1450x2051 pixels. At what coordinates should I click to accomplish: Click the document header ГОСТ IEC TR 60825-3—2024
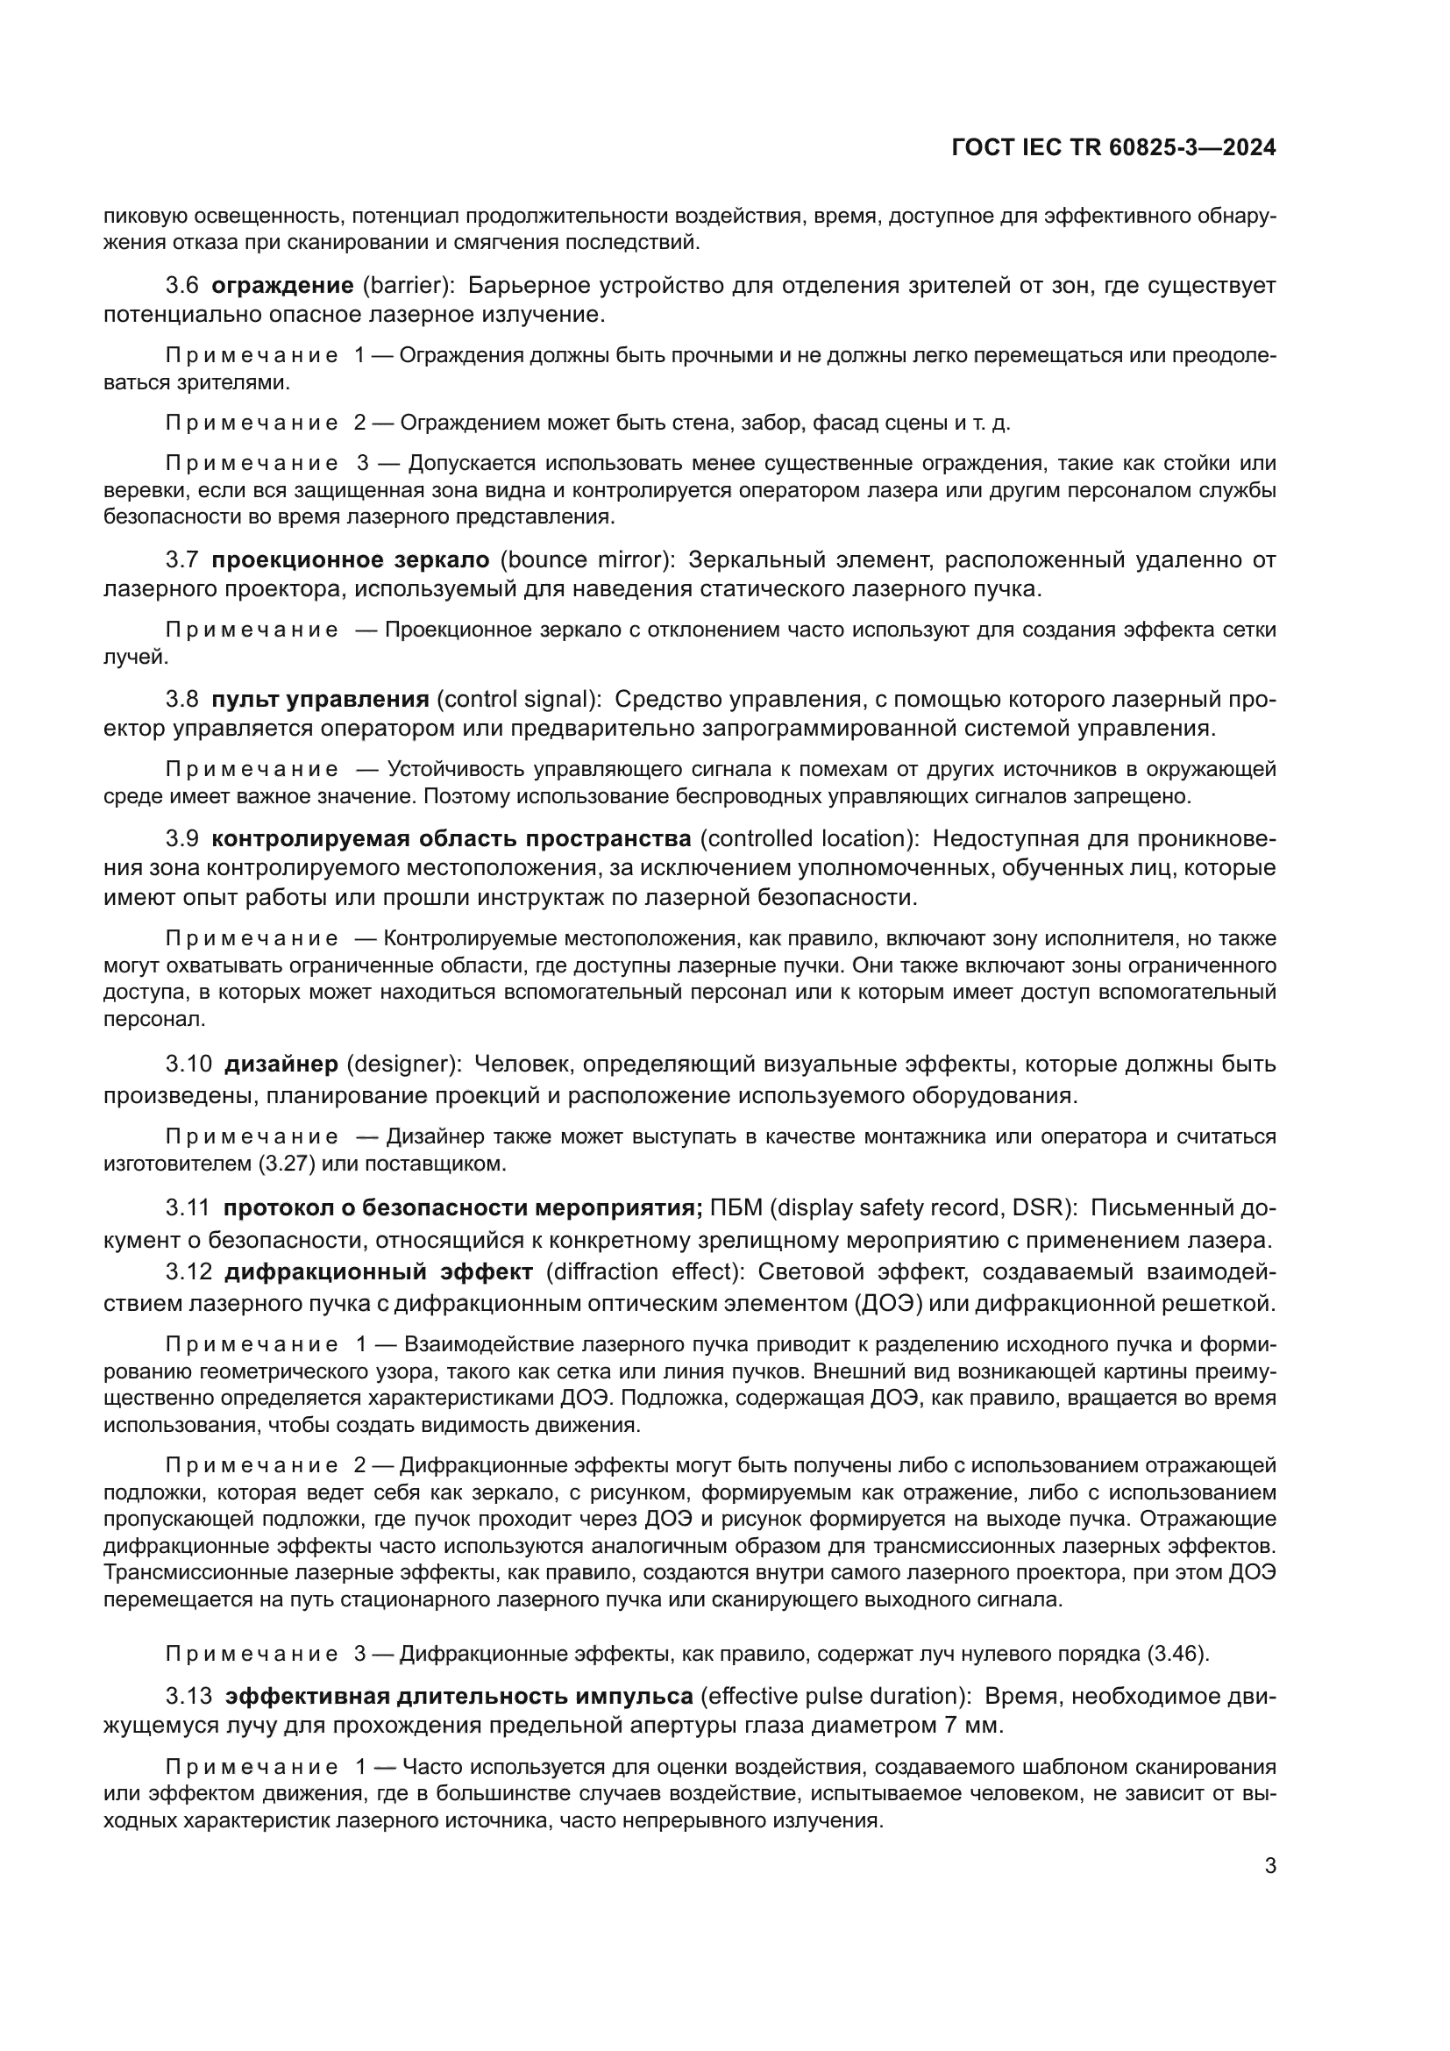(1113, 147)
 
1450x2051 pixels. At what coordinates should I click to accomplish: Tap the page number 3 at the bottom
(1270, 1866)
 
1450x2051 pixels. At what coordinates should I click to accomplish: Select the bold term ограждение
(282, 286)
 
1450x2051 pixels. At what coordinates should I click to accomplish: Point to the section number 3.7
(182, 560)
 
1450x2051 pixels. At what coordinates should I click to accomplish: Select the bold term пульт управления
(321, 700)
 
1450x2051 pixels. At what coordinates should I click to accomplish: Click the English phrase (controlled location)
(809, 839)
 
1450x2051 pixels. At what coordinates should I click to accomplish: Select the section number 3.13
(188, 1697)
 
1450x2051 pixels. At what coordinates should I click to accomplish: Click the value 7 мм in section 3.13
(972, 1726)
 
